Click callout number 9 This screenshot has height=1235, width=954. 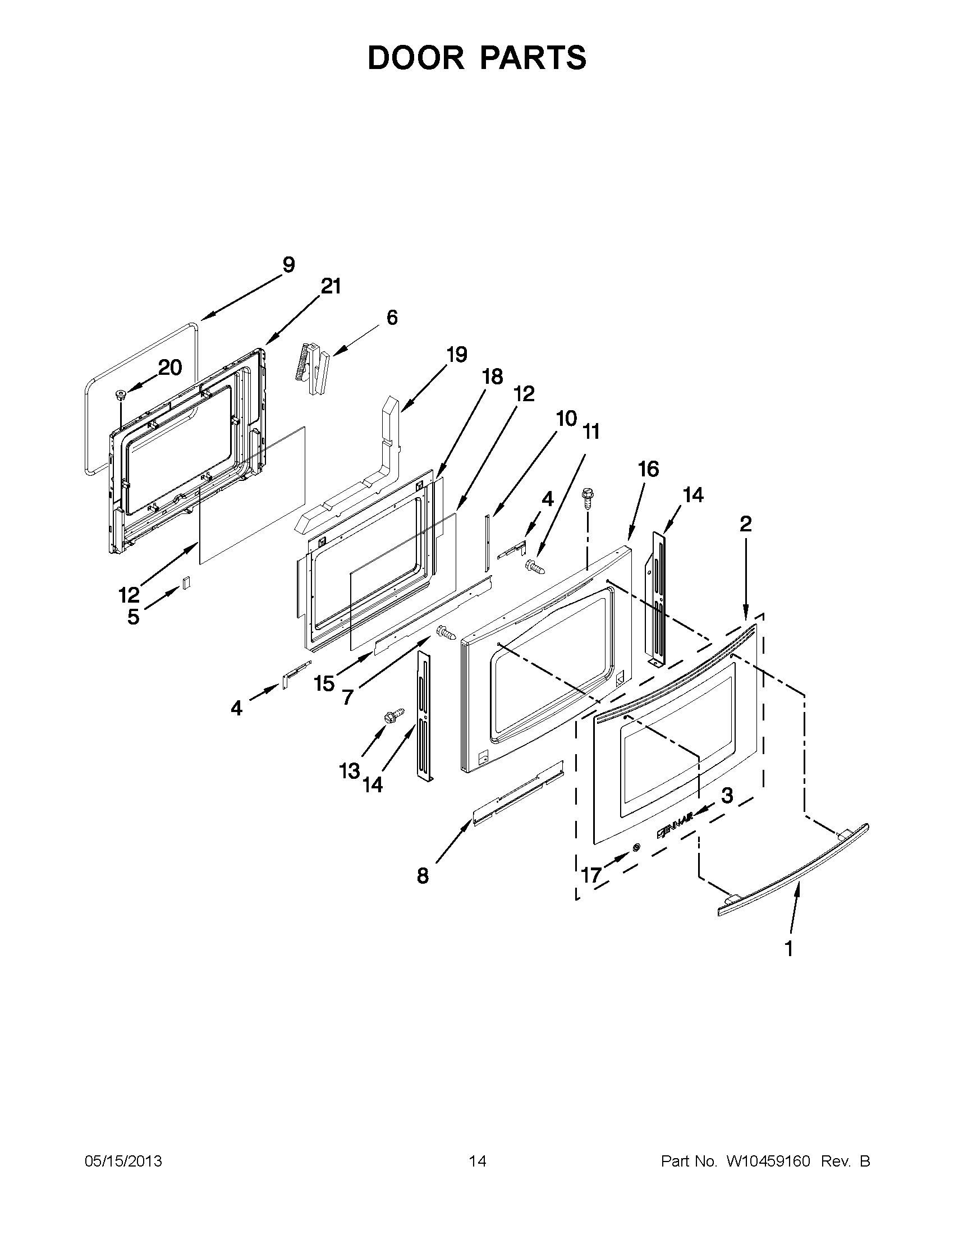(x=288, y=265)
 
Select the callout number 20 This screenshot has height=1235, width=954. (x=169, y=368)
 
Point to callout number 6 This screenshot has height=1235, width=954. (x=392, y=317)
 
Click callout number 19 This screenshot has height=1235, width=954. (x=457, y=355)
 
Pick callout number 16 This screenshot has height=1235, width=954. (x=649, y=469)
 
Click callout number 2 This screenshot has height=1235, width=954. (x=745, y=524)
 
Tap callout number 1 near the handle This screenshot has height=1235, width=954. (x=789, y=948)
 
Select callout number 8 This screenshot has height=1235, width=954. (x=423, y=876)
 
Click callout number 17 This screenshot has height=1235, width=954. (x=591, y=875)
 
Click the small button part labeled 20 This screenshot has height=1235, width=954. (x=120, y=393)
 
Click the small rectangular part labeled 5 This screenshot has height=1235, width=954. (x=185, y=582)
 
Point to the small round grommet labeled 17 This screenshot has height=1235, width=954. (x=636, y=847)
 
